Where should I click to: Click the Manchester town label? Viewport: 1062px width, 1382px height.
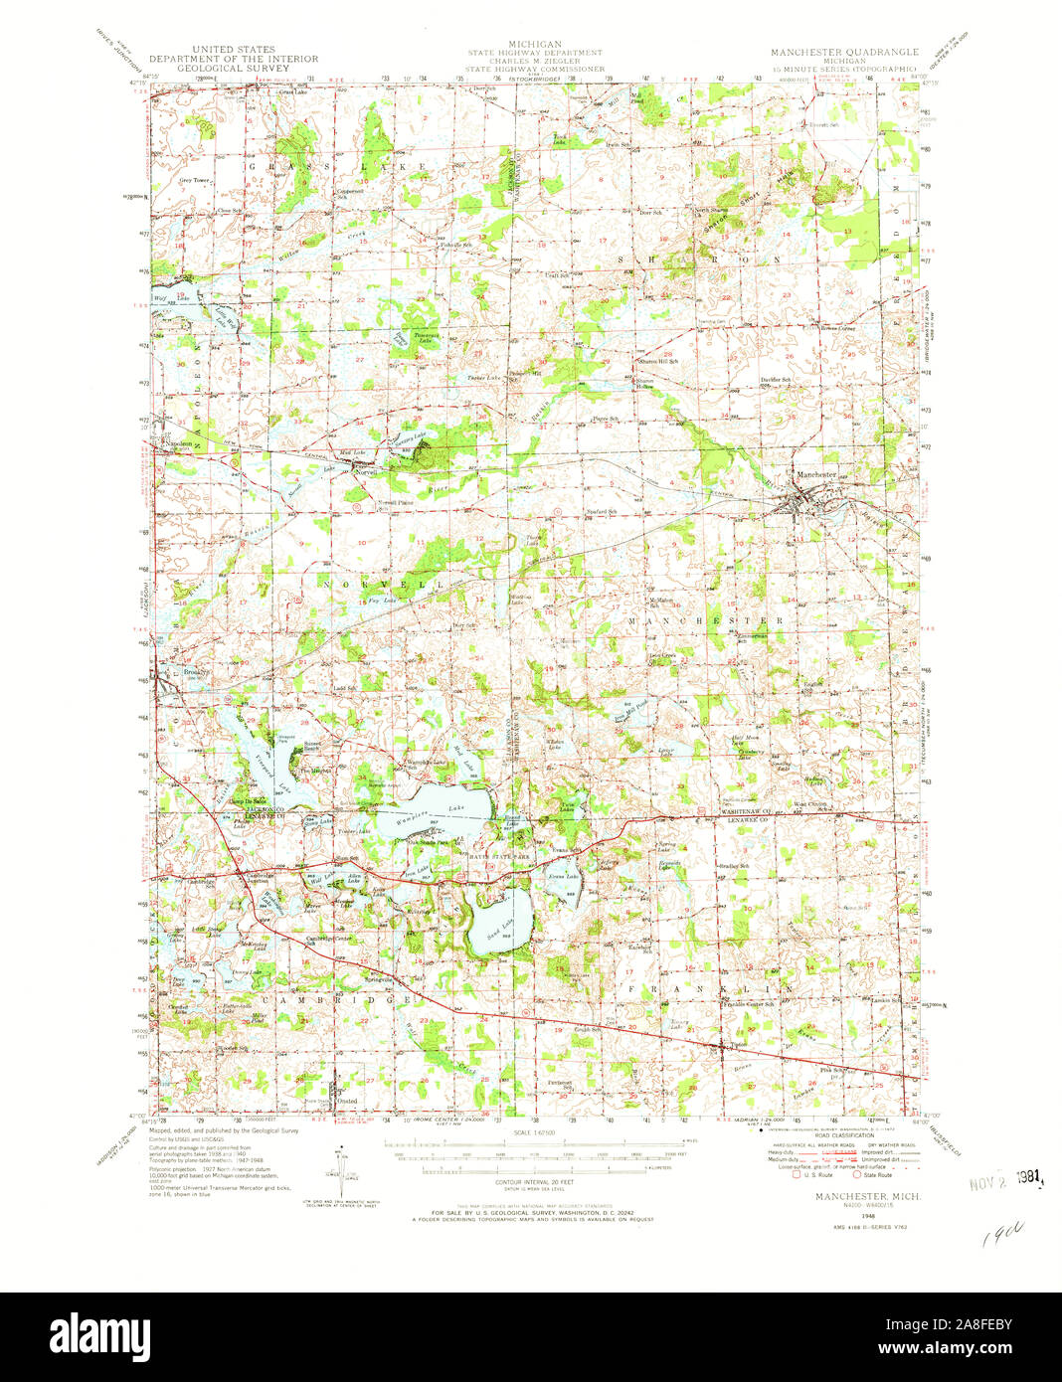coord(816,474)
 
